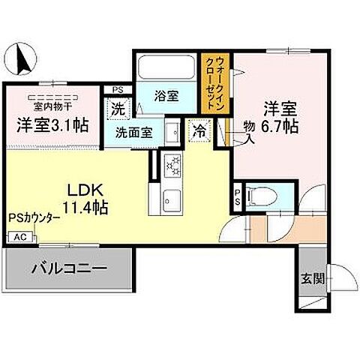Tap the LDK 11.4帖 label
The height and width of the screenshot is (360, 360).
(82, 196)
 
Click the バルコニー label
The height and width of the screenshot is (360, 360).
(70, 268)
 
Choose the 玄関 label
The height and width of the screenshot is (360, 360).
(312, 278)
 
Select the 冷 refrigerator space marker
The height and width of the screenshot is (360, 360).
(199, 130)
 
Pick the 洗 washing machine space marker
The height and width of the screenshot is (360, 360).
(118, 108)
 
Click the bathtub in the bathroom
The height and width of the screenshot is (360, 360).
(166, 68)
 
